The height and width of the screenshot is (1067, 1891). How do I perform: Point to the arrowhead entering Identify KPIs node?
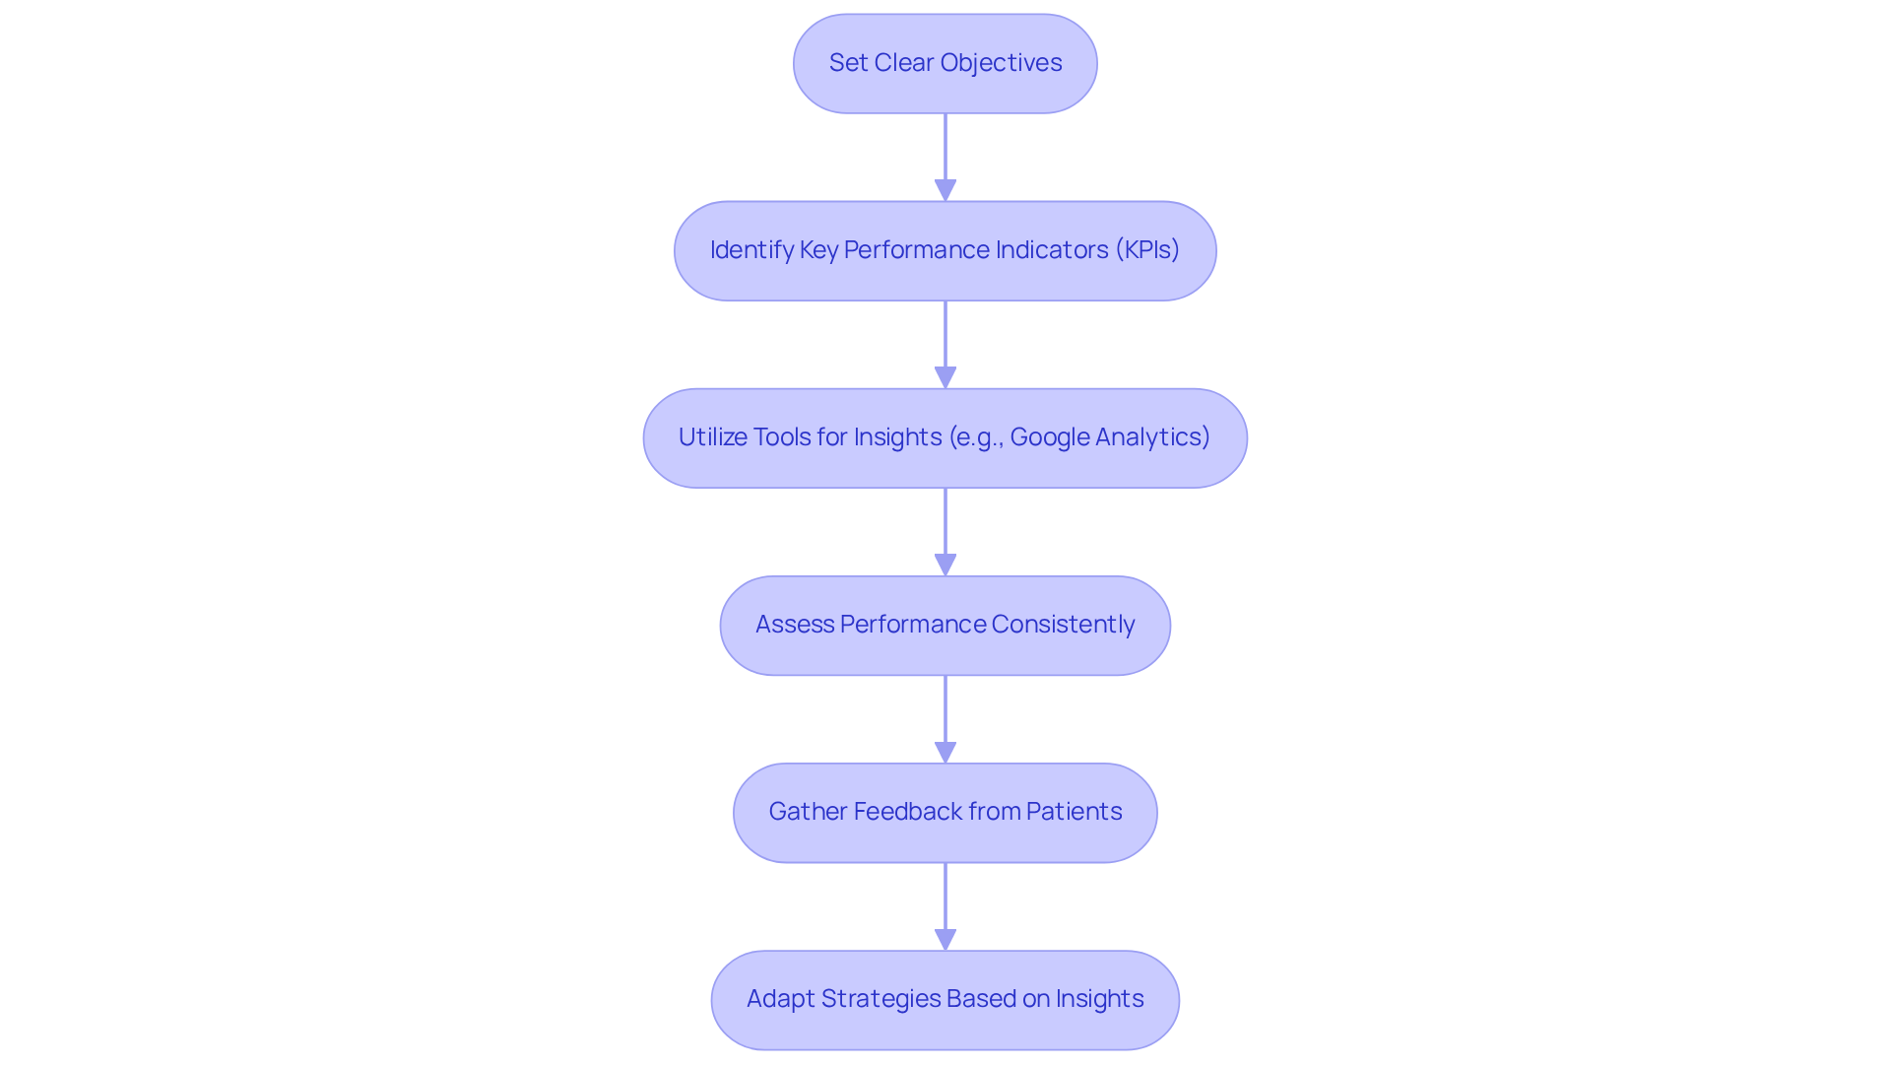pos(945,190)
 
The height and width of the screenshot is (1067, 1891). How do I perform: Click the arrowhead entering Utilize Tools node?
pos(945,377)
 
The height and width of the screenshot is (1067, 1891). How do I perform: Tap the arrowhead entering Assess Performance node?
pos(945,565)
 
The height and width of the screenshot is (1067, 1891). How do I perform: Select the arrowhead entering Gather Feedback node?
pos(945,752)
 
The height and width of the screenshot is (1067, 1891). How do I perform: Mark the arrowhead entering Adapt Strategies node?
pos(945,939)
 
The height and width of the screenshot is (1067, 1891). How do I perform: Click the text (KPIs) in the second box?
pos(1147,250)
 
